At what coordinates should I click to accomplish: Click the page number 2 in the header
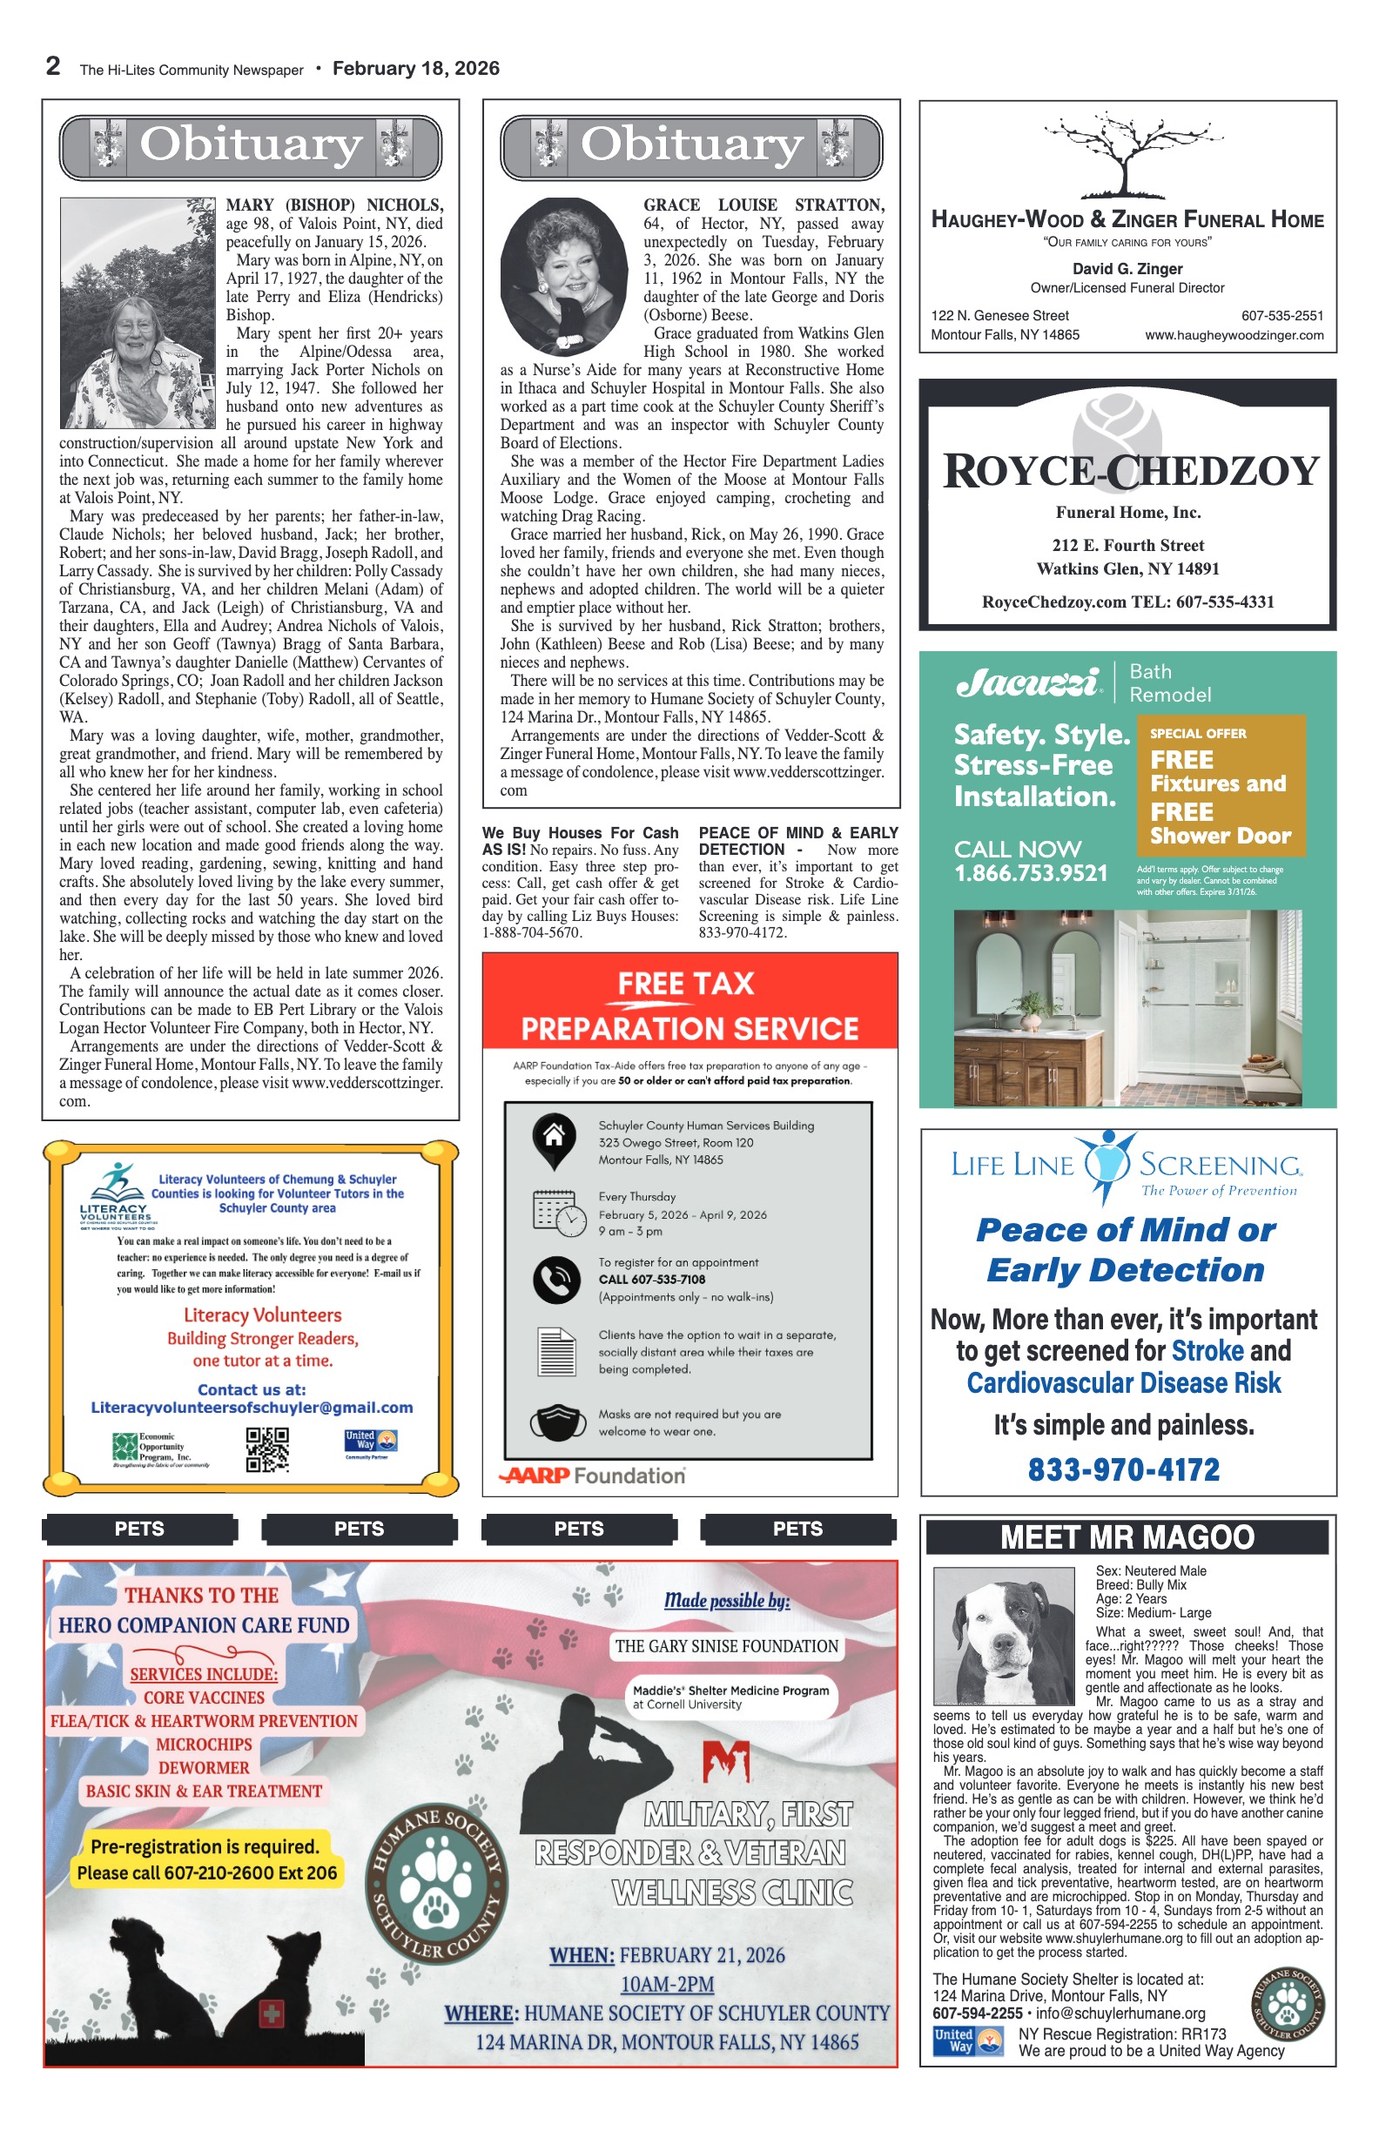coord(53,66)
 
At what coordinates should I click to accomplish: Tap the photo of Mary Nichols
coord(137,313)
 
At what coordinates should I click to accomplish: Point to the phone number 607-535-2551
coord(1281,315)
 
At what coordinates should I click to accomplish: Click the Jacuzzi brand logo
coord(1027,683)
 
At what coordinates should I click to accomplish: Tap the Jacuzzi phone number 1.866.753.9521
coord(1030,873)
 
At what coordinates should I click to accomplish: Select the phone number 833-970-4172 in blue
coord(1123,1469)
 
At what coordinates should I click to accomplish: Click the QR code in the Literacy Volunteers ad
coord(267,1449)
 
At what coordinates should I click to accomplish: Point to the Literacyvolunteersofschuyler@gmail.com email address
coord(252,1408)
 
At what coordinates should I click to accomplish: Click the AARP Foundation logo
coord(592,1476)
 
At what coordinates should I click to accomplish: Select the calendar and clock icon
coord(559,1213)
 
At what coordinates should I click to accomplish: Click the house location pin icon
coord(555,1139)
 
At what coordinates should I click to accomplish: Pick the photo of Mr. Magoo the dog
coord(1003,1636)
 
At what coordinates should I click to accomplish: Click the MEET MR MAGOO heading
coord(1127,1537)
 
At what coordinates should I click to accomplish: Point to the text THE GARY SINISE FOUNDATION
coord(726,1646)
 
